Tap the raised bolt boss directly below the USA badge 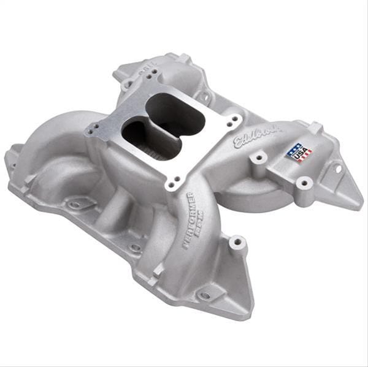(x=303, y=182)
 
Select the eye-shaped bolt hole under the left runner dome (x=76, y=205)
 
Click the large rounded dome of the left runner (x=58, y=141)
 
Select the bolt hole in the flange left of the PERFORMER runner (x=135, y=248)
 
